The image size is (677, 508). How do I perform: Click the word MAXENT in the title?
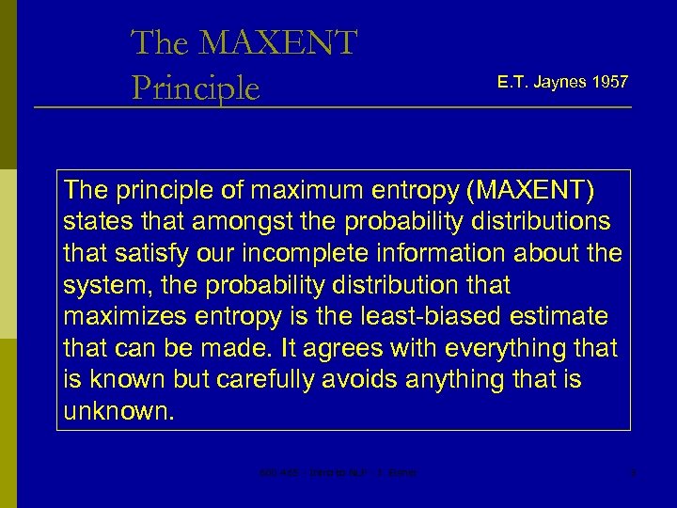pos(278,43)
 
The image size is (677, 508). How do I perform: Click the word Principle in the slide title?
pos(196,87)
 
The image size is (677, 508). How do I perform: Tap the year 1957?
pos(610,83)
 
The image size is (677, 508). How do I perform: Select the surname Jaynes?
pos(560,83)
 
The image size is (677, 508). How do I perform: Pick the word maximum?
pos(295,190)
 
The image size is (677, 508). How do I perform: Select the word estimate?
pos(560,317)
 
